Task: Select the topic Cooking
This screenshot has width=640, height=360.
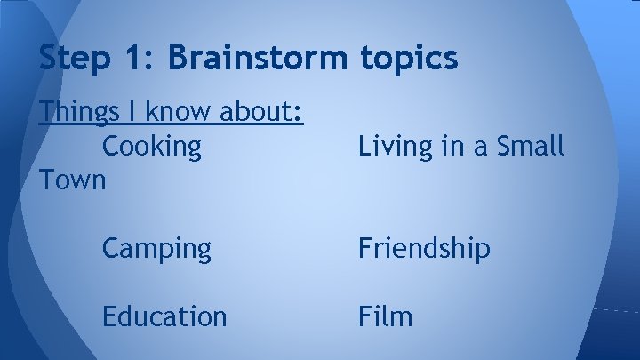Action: click(x=152, y=146)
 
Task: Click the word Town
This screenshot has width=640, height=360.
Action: click(x=73, y=179)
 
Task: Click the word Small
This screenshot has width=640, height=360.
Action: click(x=531, y=146)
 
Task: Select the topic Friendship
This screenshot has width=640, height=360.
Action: click(x=424, y=249)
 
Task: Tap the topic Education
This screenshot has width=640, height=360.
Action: click(x=164, y=316)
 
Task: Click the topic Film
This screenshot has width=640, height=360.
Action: click(x=386, y=316)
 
